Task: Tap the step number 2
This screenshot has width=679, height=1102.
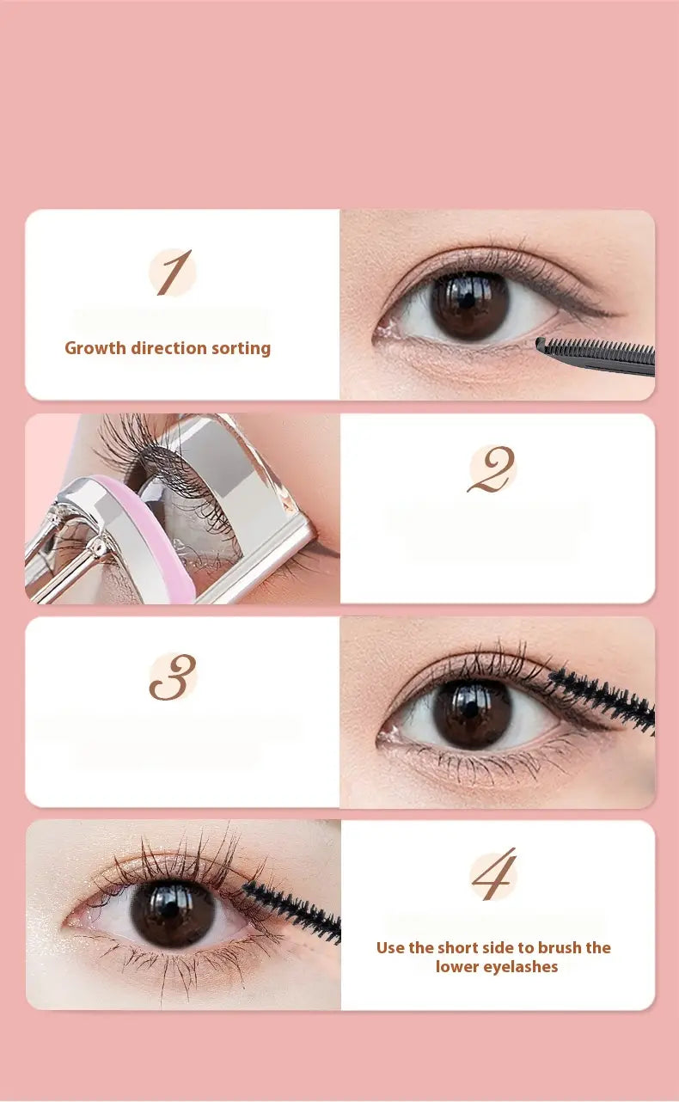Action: tap(491, 469)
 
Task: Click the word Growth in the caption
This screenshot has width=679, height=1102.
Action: tap(95, 348)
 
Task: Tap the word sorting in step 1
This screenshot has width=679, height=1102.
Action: tap(242, 349)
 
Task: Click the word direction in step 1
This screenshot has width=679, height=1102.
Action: tap(168, 348)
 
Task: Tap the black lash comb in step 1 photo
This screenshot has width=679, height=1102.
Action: tap(596, 356)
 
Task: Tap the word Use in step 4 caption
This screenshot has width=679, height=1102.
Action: tap(391, 947)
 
